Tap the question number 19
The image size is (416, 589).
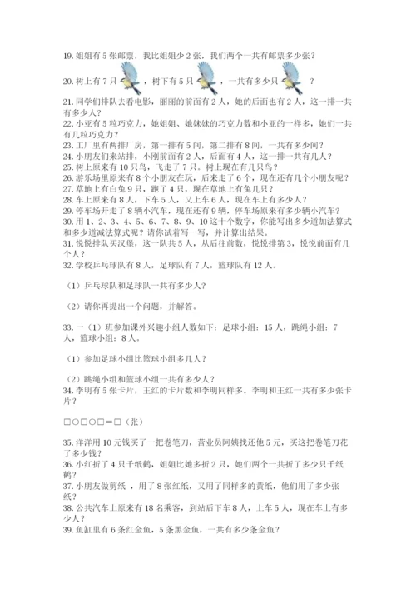click(58, 57)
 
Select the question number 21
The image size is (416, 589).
click(58, 101)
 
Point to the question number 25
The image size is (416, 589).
click(58, 167)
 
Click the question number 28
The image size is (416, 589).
click(58, 200)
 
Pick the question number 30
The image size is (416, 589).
click(58, 222)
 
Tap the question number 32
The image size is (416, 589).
click(58, 267)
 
